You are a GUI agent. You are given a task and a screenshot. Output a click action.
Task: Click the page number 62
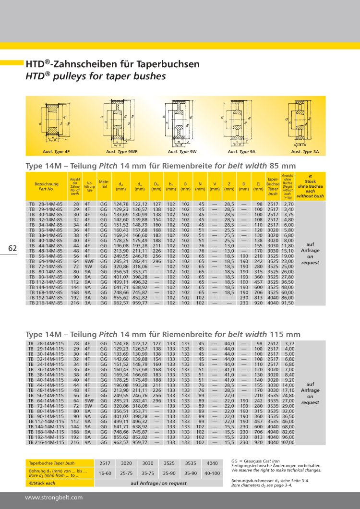12,248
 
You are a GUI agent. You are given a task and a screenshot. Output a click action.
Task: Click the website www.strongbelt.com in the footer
54,497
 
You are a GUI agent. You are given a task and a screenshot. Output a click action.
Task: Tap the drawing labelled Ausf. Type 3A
298,123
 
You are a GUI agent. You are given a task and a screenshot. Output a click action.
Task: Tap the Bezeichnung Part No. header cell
46,187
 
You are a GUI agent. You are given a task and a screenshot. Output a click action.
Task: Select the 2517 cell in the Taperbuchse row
105,463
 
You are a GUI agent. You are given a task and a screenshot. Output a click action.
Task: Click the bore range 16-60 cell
105,473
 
